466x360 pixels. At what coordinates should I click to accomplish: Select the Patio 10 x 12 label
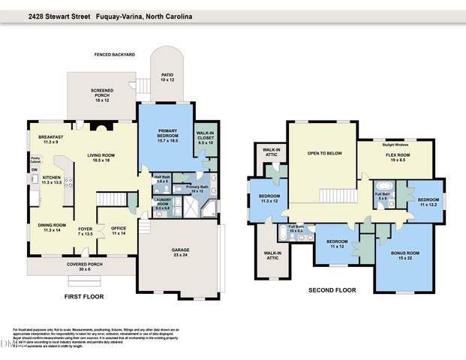tap(167, 77)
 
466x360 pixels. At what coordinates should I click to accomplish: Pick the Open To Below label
tap(324, 152)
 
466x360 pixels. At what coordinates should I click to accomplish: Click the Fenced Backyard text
tap(114, 55)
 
